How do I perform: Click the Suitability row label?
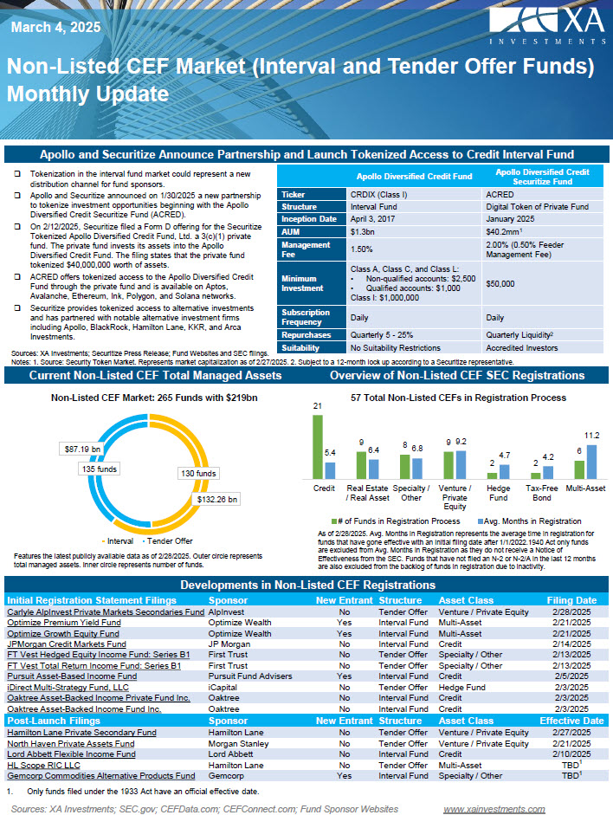(302, 347)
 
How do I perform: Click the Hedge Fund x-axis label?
(498, 494)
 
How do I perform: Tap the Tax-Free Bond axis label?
(543, 494)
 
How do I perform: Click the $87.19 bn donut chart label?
(82, 449)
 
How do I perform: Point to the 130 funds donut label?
(199, 474)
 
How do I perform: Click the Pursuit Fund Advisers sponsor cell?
(248, 676)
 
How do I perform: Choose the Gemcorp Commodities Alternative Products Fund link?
(100, 776)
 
